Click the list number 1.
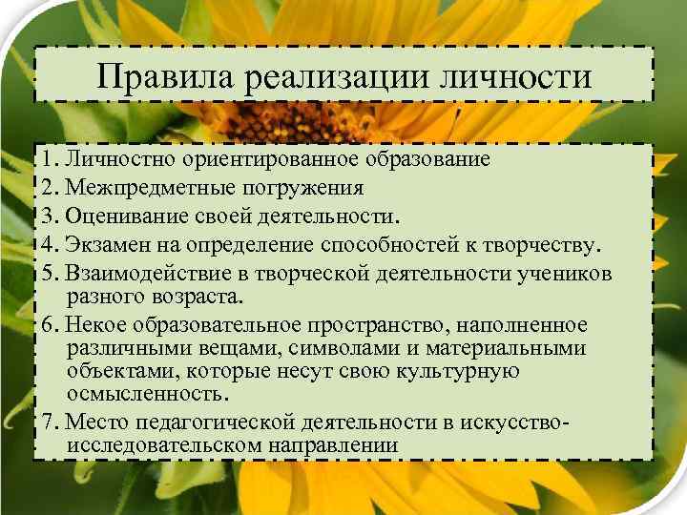coord(49,158)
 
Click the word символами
coord(356,349)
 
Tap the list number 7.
coord(49,422)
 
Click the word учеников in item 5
coord(572,273)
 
